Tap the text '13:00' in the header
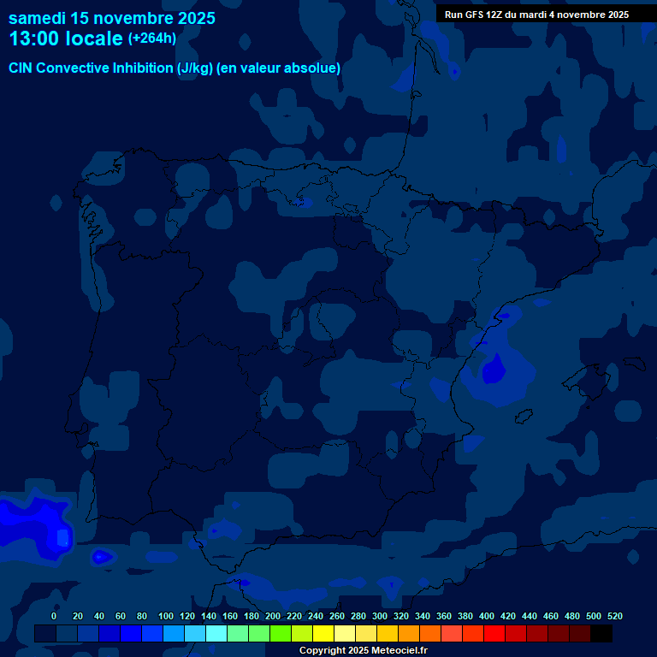click(x=33, y=39)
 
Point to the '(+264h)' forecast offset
click(x=151, y=38)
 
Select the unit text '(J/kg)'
click(x=196, y=68)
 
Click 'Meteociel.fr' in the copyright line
click(x=392, y=651)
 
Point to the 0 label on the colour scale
click(x=54, y=616)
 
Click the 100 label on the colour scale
click(x=165, y=616)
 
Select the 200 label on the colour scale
click(x=272, y=616)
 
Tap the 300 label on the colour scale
click(x=379, y=616)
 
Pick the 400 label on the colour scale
click(x=486, y=616)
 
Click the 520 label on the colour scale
click(x=614, y=616)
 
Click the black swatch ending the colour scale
click(x=601, y=634)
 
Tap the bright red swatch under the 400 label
click(x=494, y=634)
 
